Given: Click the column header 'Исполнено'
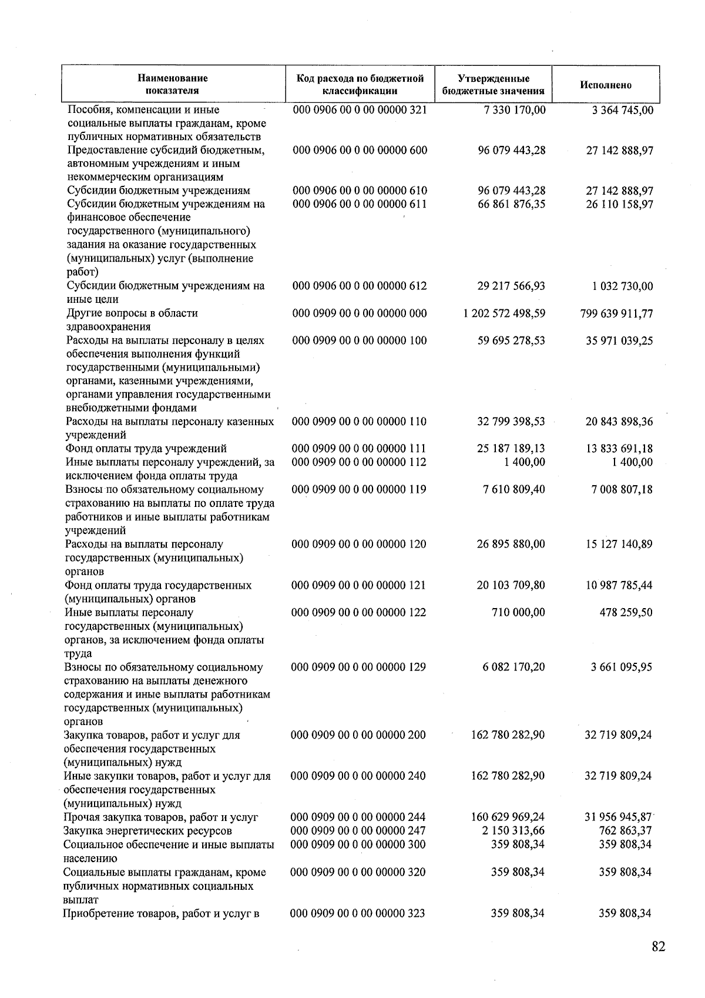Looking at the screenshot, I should click(606, 85).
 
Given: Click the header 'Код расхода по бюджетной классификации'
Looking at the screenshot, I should click(360, 85).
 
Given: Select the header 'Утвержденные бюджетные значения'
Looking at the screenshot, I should click(493, 85).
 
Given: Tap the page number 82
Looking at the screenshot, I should click(658, 947).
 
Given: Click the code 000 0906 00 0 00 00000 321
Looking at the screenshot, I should click(360, 110).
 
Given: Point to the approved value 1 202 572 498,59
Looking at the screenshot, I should click(504, 313).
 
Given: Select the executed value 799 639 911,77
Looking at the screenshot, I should click(616, 313).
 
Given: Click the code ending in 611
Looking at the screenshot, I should click(360, 205).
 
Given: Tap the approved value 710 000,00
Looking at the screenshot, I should click(518, 612).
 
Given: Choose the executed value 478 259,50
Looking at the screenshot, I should click(625, 612).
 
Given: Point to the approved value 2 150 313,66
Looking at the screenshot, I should click(512, 831).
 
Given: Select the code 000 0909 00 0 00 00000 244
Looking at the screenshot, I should click(358, 817).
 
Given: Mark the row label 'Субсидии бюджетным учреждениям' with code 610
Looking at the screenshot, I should click(159, 191).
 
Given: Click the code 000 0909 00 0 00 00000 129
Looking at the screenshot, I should click(358, 667).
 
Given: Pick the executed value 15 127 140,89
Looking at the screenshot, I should click(619, 544).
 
